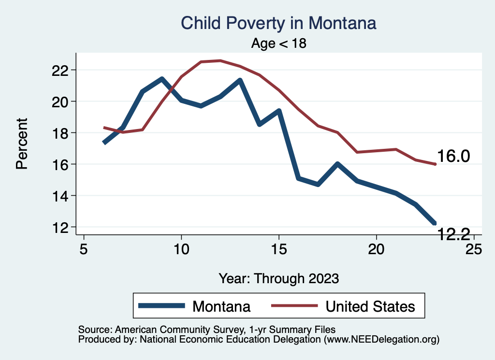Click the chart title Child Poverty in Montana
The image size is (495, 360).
click(278, 23)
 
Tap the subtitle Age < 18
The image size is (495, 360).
click(279, 43)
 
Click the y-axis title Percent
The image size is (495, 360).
click(21, 144)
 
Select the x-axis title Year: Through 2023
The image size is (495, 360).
click(278, 278)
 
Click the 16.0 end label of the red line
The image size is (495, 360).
click(453, 157)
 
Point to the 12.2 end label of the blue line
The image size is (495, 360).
click(453, 234)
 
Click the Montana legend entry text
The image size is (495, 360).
click(221, 306)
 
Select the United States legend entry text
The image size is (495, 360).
click(370, 306)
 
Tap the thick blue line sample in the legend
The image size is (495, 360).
click(162, 306)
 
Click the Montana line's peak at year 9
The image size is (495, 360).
click(162, 79)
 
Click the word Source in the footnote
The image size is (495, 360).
click(91, 330)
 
